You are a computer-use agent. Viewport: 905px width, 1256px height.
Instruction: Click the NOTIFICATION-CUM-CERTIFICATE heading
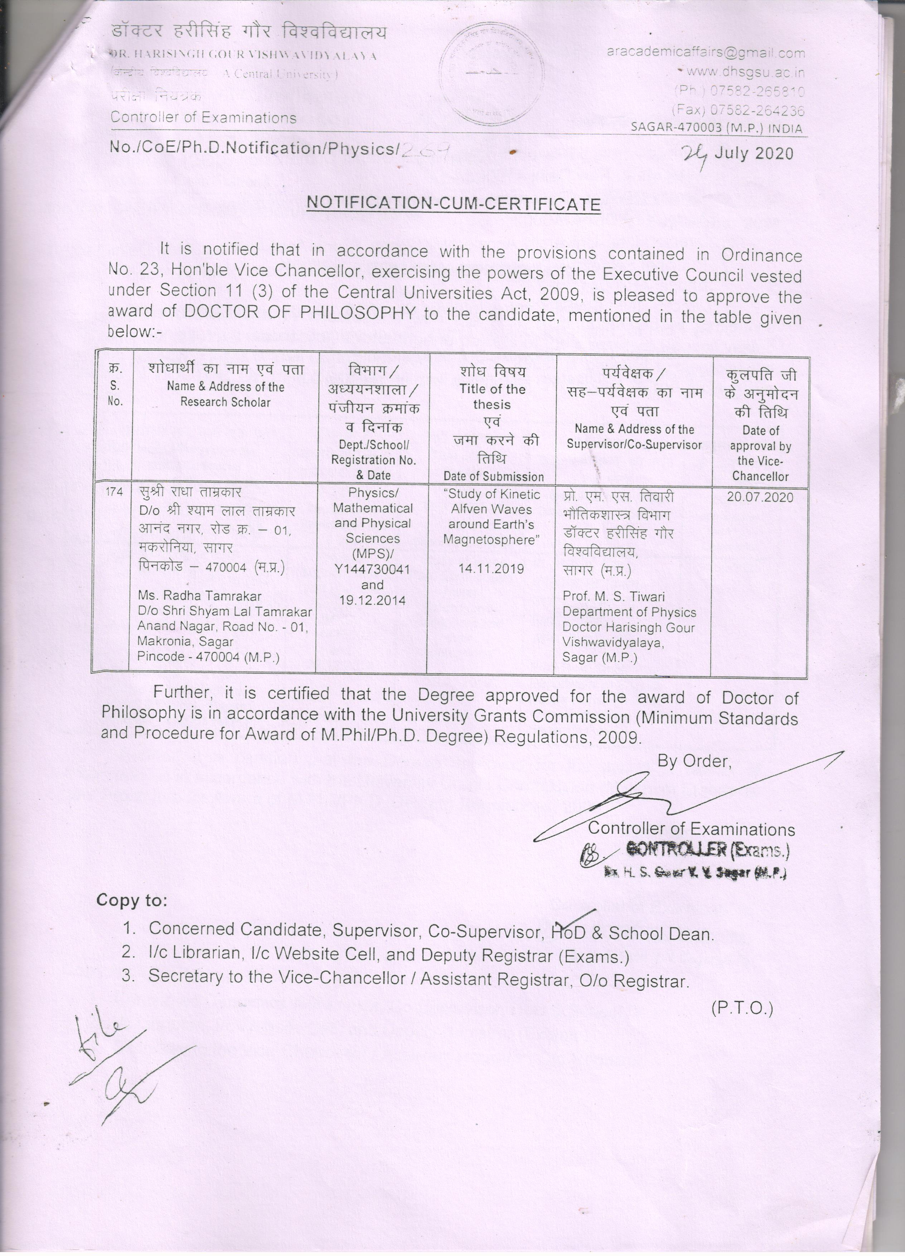point(453,203)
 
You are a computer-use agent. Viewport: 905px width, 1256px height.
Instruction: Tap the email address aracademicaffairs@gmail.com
point(706,53)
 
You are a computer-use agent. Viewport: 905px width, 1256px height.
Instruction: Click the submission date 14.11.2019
point(491,569)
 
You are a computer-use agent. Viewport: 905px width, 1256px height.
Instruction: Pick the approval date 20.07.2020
point(760,497)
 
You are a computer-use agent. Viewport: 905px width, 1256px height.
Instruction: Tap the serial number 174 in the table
point(115,491)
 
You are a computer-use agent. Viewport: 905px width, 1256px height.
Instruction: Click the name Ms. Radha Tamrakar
point(199,596)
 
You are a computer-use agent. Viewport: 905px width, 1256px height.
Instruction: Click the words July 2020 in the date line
point(754,153)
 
